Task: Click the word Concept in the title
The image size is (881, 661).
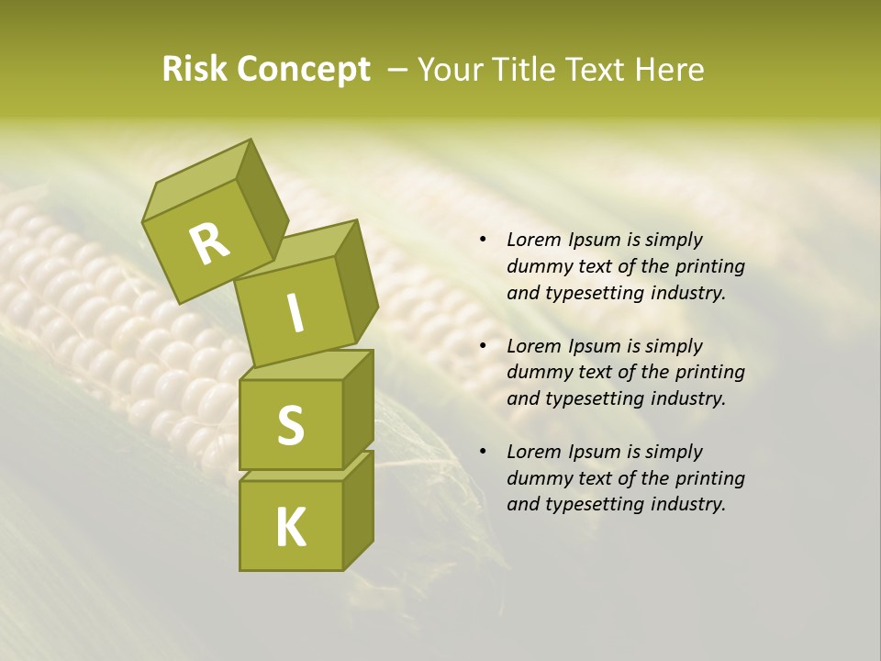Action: (x=304, y=70)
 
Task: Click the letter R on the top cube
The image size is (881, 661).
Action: (x=209, y=243)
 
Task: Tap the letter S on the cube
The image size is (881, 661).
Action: (x=290, y=425)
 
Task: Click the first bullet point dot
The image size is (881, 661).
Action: (x=483, y=241)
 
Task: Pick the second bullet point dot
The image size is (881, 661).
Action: (x=483, y=347)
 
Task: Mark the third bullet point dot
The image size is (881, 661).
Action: (x=483, y=453)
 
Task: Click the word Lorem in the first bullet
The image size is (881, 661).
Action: (x=533, y=241)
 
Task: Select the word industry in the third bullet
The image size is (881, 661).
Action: (x=688, y=504)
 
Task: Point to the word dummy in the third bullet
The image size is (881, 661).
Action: (x=538, y=478)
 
